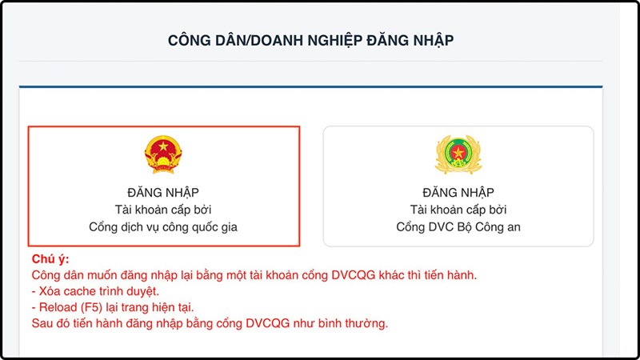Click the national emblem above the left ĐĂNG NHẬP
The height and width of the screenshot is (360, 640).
click(x=163, y=155)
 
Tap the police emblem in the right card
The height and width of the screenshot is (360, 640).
click(x=458, y=155)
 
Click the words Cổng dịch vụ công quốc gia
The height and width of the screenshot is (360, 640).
click(x=163, y=226)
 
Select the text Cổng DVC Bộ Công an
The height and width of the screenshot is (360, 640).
click(x=458, y=226)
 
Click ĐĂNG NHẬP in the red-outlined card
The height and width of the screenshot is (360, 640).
click(x=163, y=193)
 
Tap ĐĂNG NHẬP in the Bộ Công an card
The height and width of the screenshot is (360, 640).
click(x=458, y=193)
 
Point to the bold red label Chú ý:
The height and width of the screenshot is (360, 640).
click(x=50, y=260)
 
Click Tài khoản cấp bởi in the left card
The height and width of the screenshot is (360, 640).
click(x=163, y=210)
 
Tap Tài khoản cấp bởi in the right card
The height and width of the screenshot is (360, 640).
click(x=458, y=210)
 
